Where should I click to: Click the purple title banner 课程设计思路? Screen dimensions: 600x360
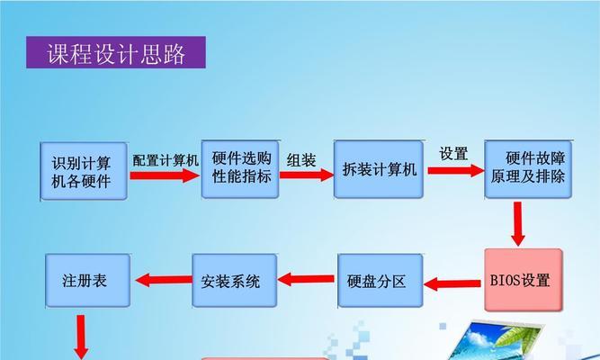click(x=116, y=52)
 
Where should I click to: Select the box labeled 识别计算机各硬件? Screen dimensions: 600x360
click(x=84, y=171)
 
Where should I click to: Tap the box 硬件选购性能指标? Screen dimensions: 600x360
click(x=240, y=169)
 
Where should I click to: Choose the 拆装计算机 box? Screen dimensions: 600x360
click(x=379, y=169)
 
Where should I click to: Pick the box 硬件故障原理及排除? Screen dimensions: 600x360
click(x=528, y=169)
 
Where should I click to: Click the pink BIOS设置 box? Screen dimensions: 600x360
click(x=524, y=280)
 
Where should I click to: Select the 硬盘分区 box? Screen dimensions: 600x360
click(x=381, y=281)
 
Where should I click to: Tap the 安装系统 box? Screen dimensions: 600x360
click(x=235, y=281)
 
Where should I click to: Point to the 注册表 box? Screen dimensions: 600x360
click(x=88, y=281)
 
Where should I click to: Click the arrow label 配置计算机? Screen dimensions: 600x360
click(x=166, y=160)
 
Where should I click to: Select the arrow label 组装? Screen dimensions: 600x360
click(x=301, y=160)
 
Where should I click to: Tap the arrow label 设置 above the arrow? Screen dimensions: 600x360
click(x=454, y=154)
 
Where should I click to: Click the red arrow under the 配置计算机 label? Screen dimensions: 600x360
click(x=165, y=175)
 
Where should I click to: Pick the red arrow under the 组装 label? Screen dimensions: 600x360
click(x=307, y=175)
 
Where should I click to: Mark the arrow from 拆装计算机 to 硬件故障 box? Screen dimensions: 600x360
click(x=456, y=170)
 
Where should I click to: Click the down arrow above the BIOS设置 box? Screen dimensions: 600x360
click(x=518, y=224)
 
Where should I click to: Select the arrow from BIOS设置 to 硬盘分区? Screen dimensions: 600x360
click(x=452, y=283)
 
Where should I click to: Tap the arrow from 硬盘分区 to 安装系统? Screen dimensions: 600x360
click(x=306, y=279)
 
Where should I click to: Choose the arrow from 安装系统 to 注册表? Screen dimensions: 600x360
click(x=164, y=280)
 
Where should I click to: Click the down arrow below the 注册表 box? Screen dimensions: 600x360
click(x=81, y=337)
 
